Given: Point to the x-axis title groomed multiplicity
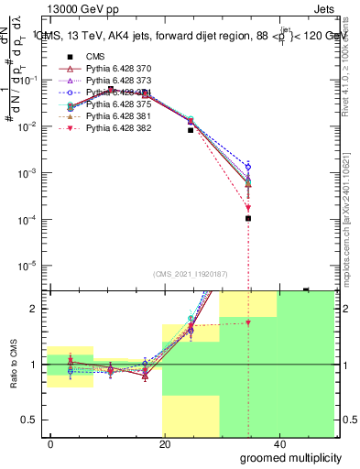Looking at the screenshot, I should (x=285, y=456).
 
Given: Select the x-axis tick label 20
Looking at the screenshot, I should (x=164, y=443).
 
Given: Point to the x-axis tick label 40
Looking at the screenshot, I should (x=277, y=443).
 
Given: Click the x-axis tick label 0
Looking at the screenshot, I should (x=51, y=443).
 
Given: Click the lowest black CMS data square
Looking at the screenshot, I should (x=248, y=218).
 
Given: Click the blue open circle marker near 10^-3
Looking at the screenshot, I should (x=248, y=167).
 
